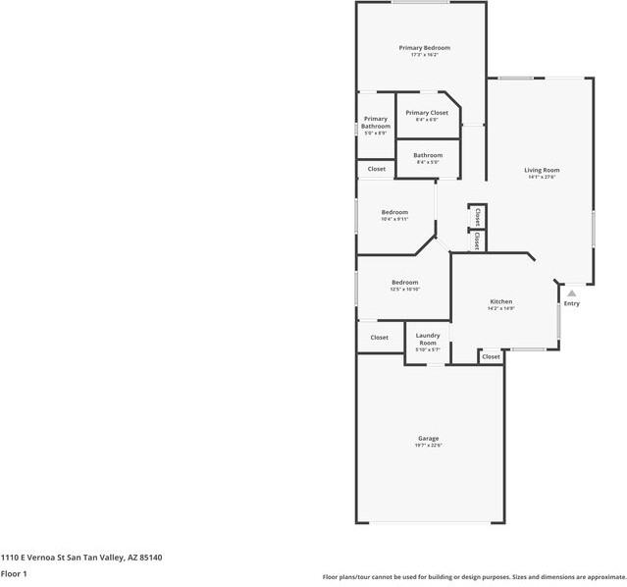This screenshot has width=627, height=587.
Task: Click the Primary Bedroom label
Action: [x=424, y=48]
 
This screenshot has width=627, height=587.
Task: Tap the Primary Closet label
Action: [x=427, y=113]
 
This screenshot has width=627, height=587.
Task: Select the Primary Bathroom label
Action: [x=375, y=124]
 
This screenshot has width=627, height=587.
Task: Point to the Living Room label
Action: [x=542, y=170]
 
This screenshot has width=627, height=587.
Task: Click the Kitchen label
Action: [x=501, y=301]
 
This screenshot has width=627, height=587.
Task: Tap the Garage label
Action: [x=428, y=438]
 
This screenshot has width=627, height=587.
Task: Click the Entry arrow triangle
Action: [x=571, y=293]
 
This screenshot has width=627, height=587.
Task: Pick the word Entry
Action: [x=571, y=303]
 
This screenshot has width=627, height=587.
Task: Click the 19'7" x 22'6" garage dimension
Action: [x=428, y=446]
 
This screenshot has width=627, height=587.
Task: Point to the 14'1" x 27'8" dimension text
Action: [x=542, y=178]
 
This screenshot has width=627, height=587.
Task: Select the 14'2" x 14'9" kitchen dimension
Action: [x=501, y=309]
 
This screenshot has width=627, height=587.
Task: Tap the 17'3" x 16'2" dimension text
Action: [x=424, y=55]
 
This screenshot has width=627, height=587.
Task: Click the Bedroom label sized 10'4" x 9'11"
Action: [x=394, y=212]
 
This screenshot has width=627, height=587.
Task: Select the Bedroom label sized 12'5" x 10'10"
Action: [x=404, y=283]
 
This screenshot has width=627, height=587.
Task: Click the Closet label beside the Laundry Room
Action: [x=379, y=338]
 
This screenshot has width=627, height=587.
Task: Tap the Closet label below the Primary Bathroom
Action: [x=377, y=169]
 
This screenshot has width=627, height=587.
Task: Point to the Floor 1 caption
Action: [x=14, y=573]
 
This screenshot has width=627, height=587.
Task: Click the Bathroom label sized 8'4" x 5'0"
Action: [x=427, y=155]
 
